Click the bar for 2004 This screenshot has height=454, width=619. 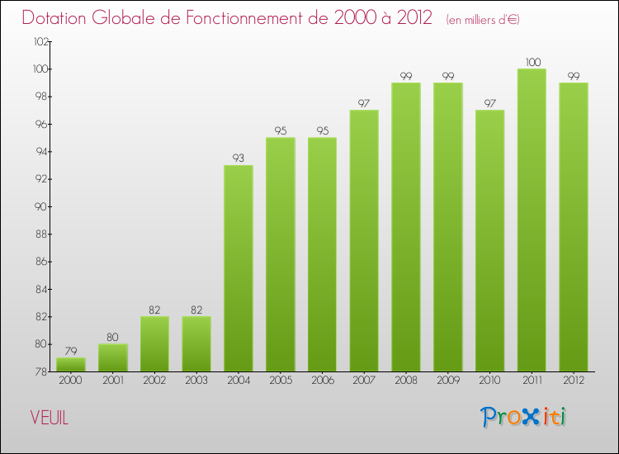coord(239,268)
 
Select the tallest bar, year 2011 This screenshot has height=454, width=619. coord(532,220)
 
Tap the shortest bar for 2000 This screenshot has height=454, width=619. coord(71,364)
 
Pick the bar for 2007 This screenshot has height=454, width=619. coord(364,240)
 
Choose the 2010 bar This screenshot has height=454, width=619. coord(489,240)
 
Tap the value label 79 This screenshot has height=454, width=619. coord(71,351)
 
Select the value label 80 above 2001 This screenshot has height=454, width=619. coord(113,337)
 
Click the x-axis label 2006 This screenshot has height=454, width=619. coord(322,381)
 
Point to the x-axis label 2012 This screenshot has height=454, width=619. coord(574,381)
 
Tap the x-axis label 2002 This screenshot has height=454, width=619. coord(154,381)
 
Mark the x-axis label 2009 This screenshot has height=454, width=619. coord(447,381)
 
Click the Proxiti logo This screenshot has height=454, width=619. coord(524,417)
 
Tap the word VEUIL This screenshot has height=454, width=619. coord(50,418)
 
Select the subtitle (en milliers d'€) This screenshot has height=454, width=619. coord(483,20)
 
